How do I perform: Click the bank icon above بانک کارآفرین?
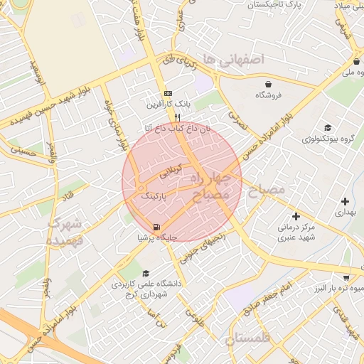coord(168,93)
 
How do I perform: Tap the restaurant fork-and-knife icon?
coord(178,118)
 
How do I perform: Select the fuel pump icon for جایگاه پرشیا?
coord(156,227)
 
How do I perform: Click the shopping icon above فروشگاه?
coord(268,82)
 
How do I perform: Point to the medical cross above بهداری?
coord(345,201)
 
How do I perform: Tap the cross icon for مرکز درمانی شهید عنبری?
coord(296,215)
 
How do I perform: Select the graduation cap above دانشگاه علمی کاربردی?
coord(146,273)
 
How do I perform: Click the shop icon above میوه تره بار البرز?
coord(346,277)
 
